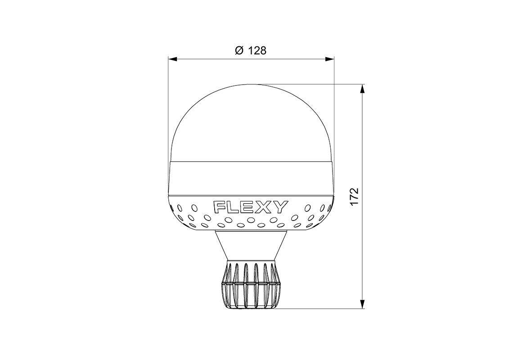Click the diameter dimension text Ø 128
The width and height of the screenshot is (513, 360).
251,51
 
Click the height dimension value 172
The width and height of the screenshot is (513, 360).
354,196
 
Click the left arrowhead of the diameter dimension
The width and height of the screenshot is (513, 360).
172,59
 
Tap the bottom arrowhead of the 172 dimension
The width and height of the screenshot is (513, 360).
362,304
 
